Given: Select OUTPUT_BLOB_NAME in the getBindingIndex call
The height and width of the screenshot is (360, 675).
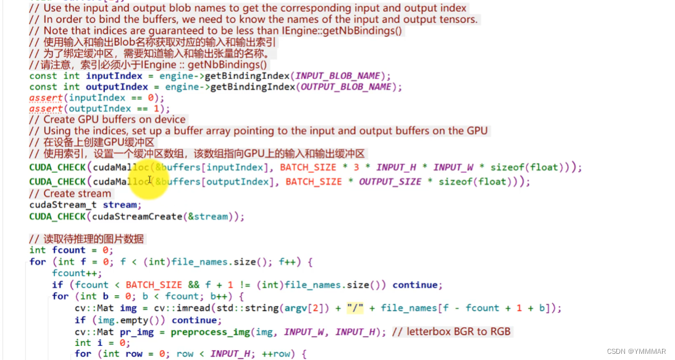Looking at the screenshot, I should pos(346,87).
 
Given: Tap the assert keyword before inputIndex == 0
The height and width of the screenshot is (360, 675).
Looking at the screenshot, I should pos(46,98).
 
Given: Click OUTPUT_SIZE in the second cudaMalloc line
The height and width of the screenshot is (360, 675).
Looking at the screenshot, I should pos(390,182).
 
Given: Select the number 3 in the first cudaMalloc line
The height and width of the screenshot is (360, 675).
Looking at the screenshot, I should pos(356,167).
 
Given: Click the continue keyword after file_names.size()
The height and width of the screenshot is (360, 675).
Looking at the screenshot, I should pos(416,285).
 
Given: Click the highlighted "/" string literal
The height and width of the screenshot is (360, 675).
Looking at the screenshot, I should pos(355,308).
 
